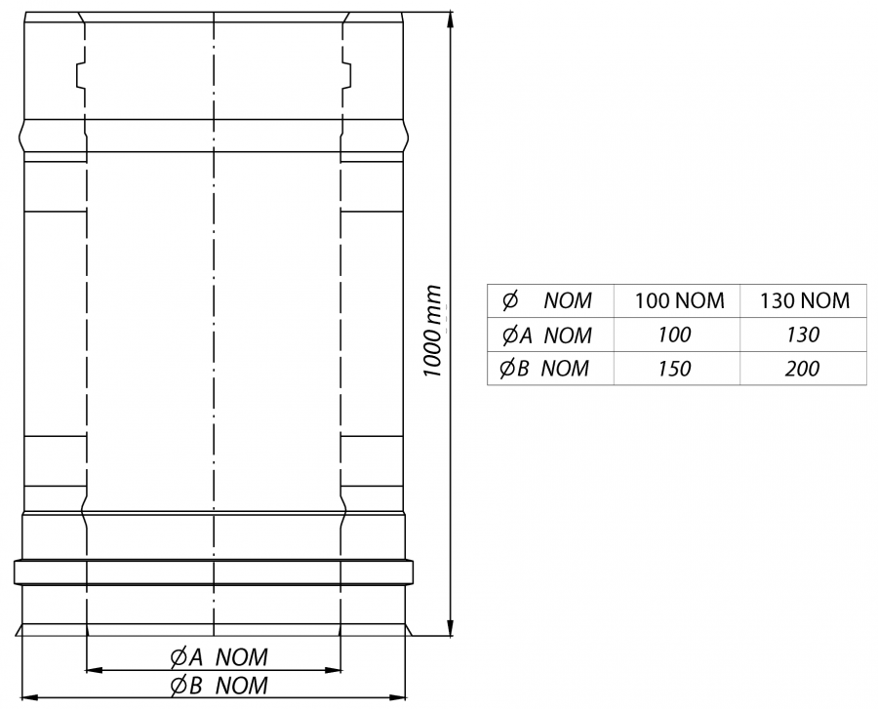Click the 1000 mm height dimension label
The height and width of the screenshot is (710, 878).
432,331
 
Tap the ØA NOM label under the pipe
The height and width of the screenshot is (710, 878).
219,656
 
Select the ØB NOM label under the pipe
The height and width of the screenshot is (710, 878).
219,686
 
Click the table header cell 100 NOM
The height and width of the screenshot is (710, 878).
679,300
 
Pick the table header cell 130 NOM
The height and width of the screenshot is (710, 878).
804,300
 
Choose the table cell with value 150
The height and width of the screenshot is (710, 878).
674,369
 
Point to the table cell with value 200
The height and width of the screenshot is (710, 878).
802,369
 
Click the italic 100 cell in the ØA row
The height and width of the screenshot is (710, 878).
674,335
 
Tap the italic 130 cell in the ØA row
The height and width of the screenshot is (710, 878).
803,335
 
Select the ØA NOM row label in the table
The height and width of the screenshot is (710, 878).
546,335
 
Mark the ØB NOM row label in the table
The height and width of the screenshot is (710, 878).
544,369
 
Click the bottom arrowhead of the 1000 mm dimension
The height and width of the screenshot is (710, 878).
450,628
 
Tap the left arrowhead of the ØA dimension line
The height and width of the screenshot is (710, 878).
94,669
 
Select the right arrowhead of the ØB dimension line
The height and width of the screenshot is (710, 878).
397,697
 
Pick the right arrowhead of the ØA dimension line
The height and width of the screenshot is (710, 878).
333,669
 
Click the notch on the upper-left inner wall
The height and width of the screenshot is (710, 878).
80,75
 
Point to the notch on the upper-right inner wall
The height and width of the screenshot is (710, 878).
346,75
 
